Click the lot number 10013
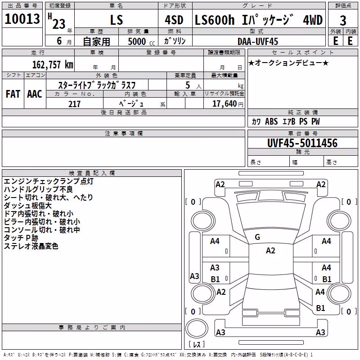(x=22, y=19)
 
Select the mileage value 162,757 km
(x=53, y=65)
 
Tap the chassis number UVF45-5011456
(x=302, y=143)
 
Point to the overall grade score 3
(x=343, y=21)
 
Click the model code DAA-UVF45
(x=258, y=41)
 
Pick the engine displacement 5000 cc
(x=141, y=41)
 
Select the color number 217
(x=74, y=104)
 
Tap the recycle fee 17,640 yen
(x=228, y=104)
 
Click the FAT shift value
(x=13, y=94)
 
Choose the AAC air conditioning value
(x=35, y=94)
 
